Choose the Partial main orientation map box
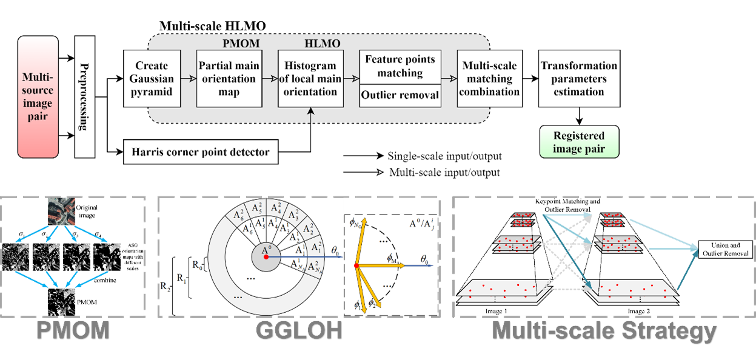click(x=228, y=79)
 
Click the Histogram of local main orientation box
click(x=310, y=79)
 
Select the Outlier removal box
click(x=400, y=95)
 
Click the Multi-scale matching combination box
click(x=489, y=79)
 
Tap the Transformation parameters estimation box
click(x=579, y=79)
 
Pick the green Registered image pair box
click(x=579, y=142)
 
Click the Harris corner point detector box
click(x=201, y=152)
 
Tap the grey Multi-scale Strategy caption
click(x=603, y=331)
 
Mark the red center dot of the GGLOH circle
click(x=266, y=258)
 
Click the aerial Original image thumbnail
click(x=61, y=212)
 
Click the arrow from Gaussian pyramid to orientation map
click(x=185, y=78)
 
